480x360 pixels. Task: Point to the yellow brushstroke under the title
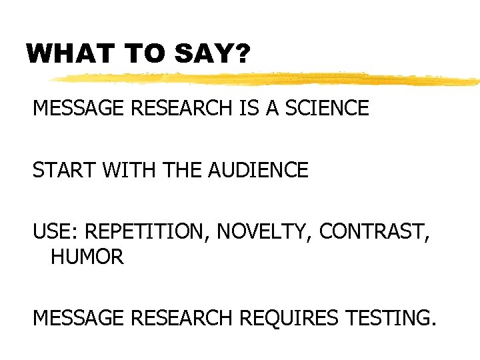click(x=267, y=79)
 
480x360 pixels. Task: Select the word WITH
click(x=127, y=171)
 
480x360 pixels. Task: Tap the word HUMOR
click(x=87, y=257)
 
